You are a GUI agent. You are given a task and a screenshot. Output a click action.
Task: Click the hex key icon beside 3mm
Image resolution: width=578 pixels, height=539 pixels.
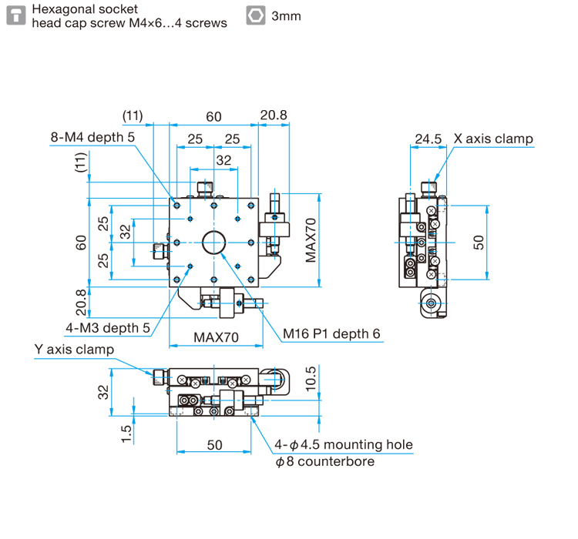pos(255,16)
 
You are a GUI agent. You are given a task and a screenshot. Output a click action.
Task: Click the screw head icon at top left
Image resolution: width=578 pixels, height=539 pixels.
pos(16,16)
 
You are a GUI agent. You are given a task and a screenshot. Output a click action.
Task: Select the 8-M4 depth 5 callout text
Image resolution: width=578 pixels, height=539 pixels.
pos(92,137)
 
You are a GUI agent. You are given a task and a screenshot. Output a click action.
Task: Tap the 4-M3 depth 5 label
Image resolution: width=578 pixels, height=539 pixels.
pos(108,328)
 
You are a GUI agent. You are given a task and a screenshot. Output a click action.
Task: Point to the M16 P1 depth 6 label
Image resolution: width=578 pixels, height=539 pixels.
pos(331,333)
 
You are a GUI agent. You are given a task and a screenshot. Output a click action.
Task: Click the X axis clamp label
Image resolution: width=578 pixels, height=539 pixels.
pos(493,139)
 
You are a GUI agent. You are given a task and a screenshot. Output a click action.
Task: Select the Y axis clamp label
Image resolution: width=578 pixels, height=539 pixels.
pos(74,350)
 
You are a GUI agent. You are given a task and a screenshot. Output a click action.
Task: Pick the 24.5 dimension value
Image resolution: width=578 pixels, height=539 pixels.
pos(428,139)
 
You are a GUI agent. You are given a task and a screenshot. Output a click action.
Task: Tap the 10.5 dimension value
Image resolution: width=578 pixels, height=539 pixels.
pos(311,378)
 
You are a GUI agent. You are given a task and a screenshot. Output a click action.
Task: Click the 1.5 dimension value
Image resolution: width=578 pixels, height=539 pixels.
pos(126,434)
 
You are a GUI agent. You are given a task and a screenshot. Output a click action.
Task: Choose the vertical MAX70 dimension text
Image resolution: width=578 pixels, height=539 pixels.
pos(311,240)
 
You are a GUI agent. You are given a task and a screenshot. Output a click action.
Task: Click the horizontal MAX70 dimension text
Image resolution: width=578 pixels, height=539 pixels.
pos(216,337)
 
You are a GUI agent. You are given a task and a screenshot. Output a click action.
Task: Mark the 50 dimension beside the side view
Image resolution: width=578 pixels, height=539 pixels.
pos(478,243)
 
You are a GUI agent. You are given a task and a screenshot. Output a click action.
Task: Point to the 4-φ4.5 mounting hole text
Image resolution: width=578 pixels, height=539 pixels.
pos(344,445)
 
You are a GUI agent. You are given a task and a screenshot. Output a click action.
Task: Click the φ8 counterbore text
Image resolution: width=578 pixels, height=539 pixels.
pos(324,461)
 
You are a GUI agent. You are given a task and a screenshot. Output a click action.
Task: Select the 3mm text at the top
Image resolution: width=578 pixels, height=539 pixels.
pos(286,16)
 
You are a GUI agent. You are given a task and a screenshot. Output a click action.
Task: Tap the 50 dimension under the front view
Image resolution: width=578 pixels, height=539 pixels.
pos(214,445)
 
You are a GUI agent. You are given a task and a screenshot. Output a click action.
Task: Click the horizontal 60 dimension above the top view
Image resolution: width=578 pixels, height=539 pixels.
pos(213,117)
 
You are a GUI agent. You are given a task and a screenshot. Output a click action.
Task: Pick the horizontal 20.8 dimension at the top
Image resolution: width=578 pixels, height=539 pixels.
pos(274,115)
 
